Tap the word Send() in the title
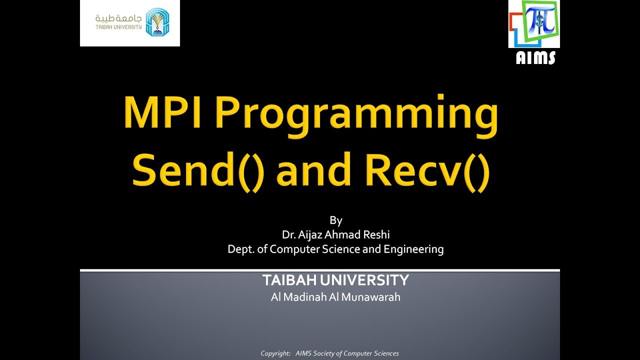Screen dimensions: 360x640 [198, 170]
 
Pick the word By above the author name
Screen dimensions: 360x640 [335, 220]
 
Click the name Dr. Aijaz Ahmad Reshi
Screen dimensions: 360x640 [335, 234]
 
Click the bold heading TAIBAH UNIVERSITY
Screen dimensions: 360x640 [335, 280]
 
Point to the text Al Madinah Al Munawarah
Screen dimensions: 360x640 [335, 297]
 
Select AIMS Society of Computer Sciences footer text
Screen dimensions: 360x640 [347, 353]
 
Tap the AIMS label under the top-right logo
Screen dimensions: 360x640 [535, 58]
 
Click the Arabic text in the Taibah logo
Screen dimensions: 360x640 [118, 18]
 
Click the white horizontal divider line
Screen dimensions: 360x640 [320, 270]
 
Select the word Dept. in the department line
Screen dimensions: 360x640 [240, 249]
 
